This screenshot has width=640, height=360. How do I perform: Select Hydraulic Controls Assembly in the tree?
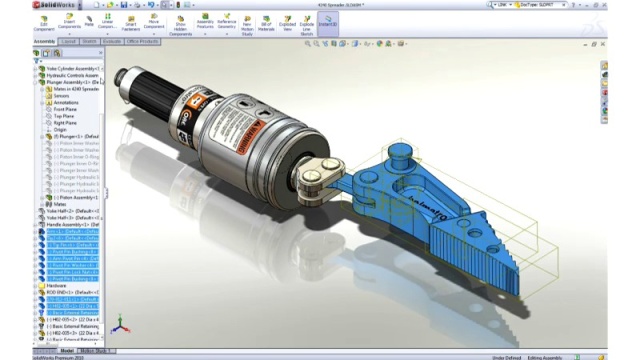74,75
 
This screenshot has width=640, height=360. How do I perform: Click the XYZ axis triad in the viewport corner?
118,326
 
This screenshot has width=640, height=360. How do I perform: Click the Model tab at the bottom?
67,351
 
